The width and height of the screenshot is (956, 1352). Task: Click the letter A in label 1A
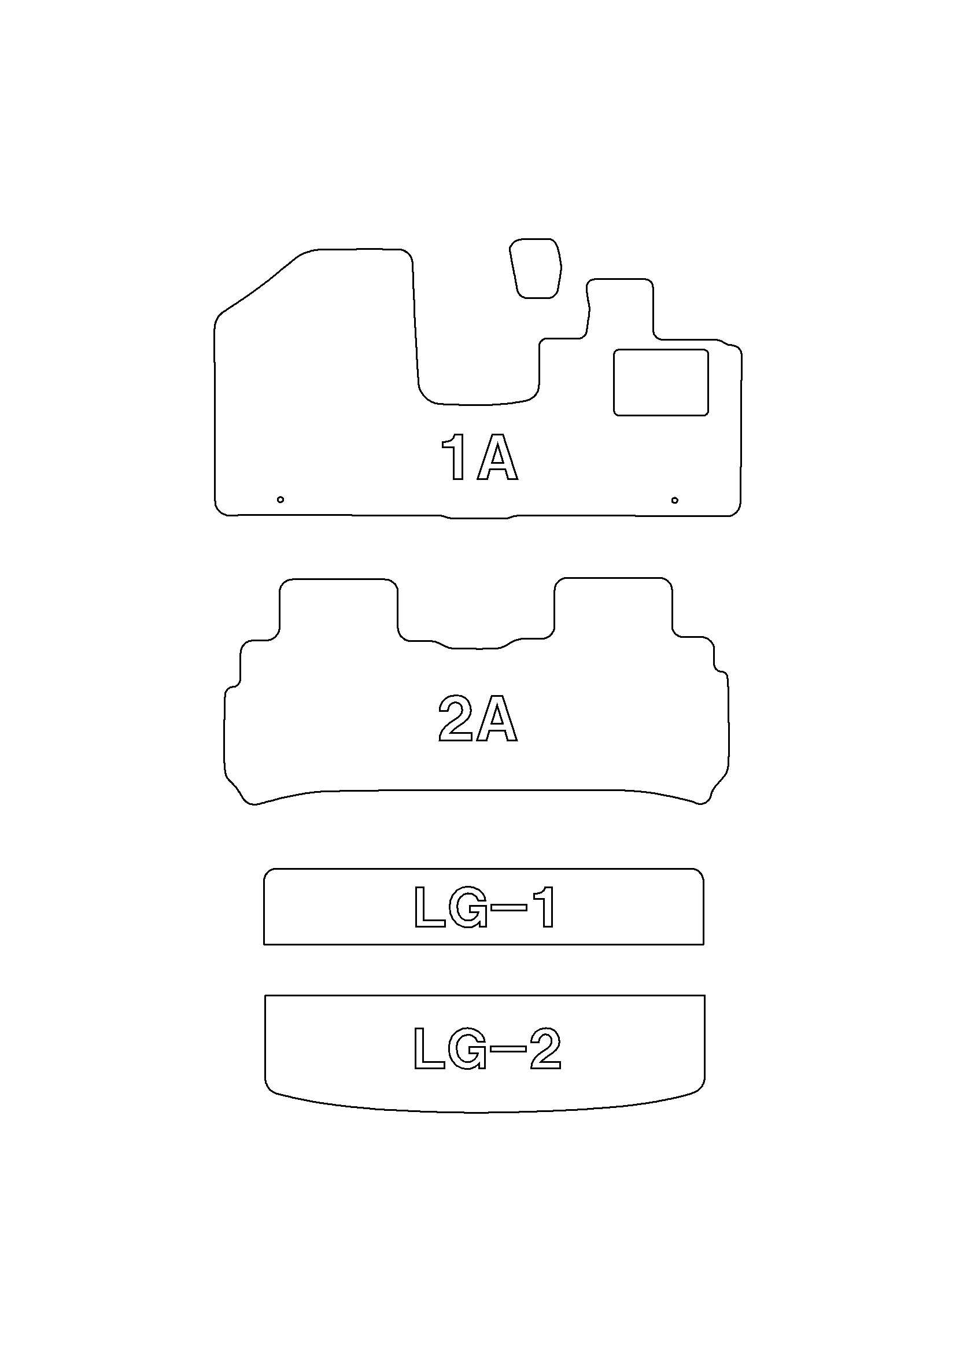498,457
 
